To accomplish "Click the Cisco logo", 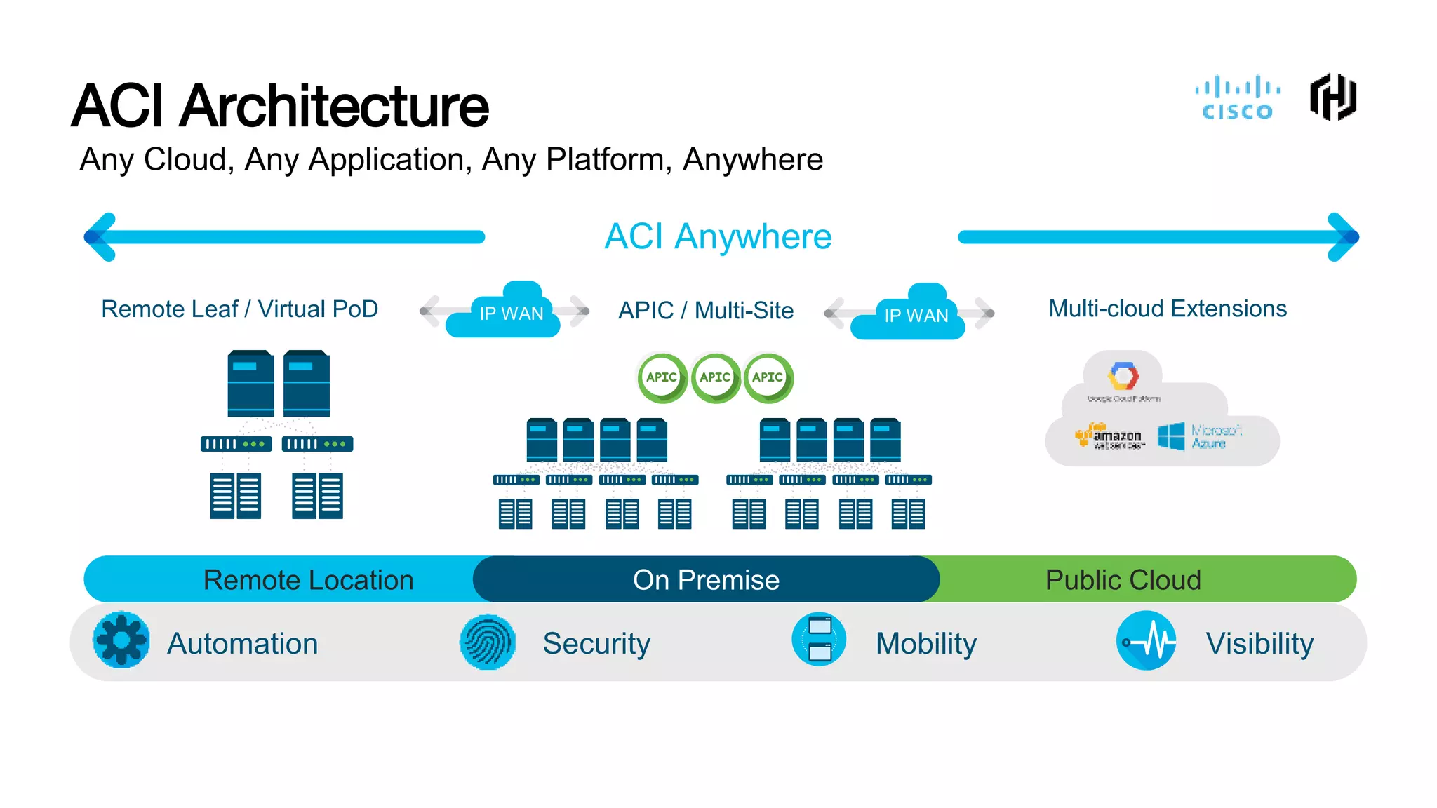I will [1237, 99].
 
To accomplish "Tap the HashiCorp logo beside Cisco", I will [1333, 97].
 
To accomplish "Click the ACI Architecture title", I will [280, 106].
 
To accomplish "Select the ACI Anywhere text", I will [718, 236].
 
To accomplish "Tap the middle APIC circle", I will [715, 377].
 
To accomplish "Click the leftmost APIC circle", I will [662, 377].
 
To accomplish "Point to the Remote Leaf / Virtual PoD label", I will [239, 309].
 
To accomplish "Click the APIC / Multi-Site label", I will [706, 310].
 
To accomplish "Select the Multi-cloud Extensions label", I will [1168, 309].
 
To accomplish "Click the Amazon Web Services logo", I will [1110, 436].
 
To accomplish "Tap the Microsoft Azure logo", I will [1199, 436].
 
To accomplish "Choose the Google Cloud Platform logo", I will [1123, 379].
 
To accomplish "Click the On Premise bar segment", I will [706, 580].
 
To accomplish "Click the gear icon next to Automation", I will [121, 640].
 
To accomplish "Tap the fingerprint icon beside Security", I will [488, 642].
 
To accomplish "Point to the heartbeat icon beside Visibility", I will [1147, 641].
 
